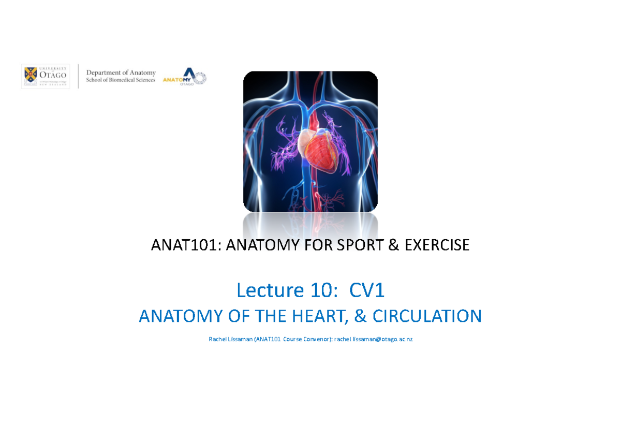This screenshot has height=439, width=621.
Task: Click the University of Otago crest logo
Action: (31, 77)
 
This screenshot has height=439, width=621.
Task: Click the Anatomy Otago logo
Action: (184, 77)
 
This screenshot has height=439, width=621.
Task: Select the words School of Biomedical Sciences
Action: (121, 80)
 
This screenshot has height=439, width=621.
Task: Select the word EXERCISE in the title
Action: (437, 245)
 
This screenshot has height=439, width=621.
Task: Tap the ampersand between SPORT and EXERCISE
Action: (393, 245)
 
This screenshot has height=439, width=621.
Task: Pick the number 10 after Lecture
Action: (325, 291)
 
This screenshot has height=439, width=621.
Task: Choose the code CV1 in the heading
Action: (367, 291)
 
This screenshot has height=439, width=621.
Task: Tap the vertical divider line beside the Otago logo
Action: (78, 77)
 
